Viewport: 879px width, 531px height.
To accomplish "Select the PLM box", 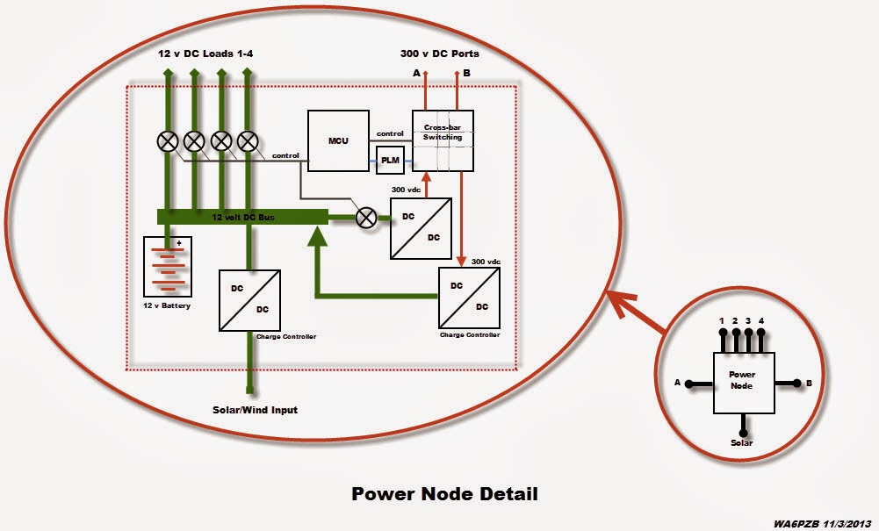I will (389, 160).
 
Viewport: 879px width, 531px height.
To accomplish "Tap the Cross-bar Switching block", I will (443, 140).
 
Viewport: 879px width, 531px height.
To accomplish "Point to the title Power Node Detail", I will (444, 493).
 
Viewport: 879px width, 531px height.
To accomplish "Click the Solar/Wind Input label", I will (256, 410).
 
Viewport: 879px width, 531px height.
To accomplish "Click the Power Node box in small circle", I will (742, 382).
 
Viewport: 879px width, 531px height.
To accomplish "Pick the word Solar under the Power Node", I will (742, 443).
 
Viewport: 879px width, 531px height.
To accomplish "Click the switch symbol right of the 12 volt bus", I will (365, 220).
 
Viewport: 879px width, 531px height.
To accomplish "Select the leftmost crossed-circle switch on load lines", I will (167, 140).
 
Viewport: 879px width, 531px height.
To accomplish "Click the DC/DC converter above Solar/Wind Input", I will (249, 300).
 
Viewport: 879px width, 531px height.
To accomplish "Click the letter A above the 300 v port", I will (416, 74).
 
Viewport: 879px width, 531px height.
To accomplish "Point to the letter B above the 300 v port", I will (466, 74).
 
